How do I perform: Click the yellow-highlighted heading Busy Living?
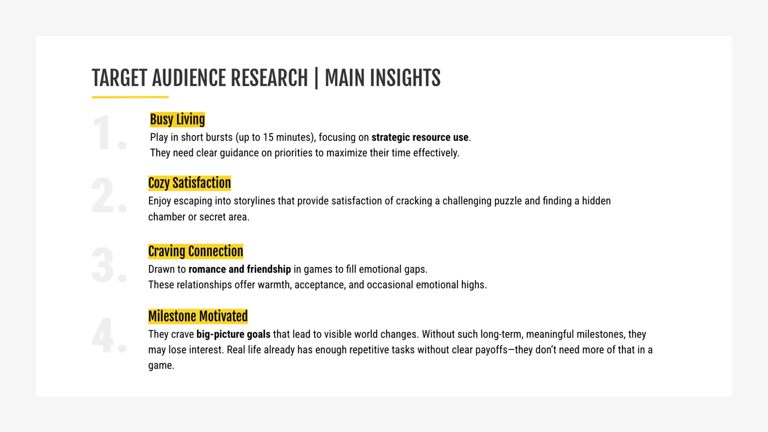[x=177, y=119]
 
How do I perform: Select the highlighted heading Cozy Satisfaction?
[x=190, y=183]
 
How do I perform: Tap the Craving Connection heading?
[x=196, y=251]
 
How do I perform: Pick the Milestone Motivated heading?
[x=198, y=316]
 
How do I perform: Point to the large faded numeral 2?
[x=109, y=196]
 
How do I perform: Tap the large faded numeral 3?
[x=109, y=265]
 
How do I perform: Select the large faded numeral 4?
[x=109, y=335]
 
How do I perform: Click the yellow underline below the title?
[x=130, y=97]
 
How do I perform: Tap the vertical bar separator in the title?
[x=316, y=78]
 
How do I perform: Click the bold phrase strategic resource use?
[x=420, y=137]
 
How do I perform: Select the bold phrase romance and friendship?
[x=240, y=269]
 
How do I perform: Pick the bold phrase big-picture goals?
[x=233, y=334]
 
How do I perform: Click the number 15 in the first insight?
[x=268, y=137]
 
